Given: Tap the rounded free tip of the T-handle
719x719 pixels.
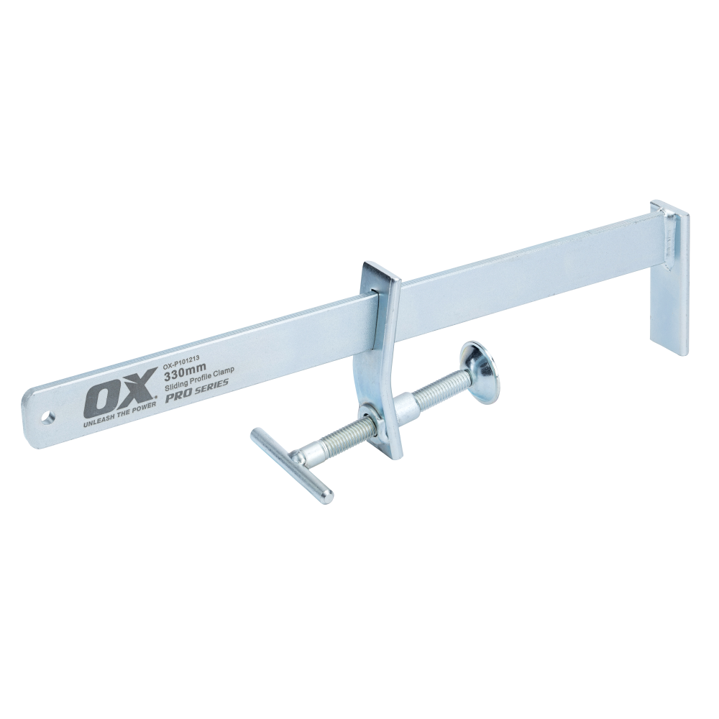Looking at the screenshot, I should pos(326,495).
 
